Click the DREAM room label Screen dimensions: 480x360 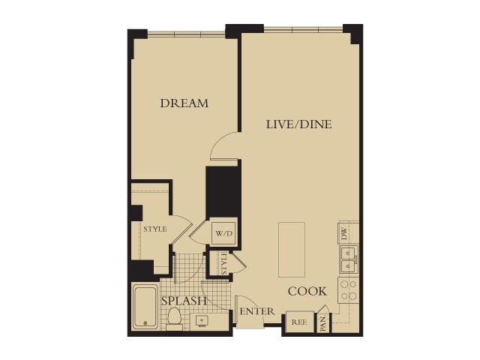click(x=184, y=103)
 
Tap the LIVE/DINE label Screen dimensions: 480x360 click(x=299, y=124)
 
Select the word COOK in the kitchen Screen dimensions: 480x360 click(x=307, y=291)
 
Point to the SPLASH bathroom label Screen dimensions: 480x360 click(x=184, y=301)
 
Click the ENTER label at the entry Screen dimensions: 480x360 click(x=256, y=312)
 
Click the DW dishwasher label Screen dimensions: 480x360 click(x=344, y=233)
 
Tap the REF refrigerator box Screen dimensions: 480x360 click(x=299, y=322)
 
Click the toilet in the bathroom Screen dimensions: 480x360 click(x=175, y=318)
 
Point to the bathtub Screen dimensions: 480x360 click(x=145, y=307)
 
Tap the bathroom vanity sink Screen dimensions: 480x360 click(x=202, y=321)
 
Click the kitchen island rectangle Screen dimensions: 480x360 click(x=292, y=249)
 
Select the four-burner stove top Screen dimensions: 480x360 click(x=349, y=290)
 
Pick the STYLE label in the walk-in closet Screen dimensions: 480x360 click(x=155, y=229)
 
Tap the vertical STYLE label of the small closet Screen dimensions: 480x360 click(x=223, y=263)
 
